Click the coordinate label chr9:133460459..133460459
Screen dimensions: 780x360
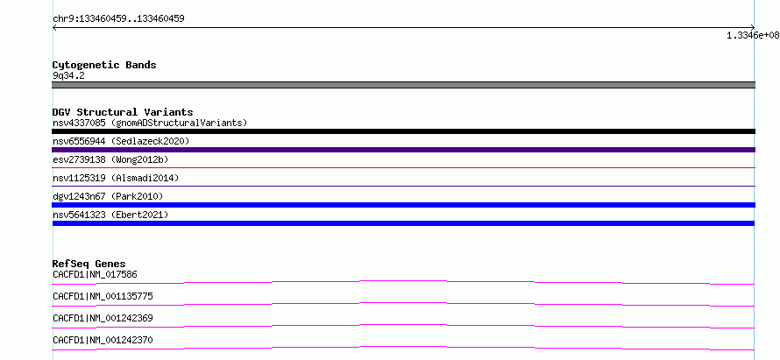tap(118, 19)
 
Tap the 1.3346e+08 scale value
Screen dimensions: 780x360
tap(753, 35)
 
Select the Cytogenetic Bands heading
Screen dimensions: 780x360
tap(104, 65)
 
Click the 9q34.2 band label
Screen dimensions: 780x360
tap(68, 75)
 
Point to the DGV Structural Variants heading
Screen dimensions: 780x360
tap(123, 112)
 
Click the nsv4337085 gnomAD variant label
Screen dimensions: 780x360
tap(150, 123)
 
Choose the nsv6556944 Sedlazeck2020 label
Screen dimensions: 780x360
tap(121, 141)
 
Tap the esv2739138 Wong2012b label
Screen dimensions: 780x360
tap(110, 159)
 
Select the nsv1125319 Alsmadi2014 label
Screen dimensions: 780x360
tap(116, 178)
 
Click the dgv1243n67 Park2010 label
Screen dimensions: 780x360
tap(108, 196)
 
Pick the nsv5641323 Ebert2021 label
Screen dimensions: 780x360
tap(110, 215)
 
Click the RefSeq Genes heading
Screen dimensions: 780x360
tap(89, 264)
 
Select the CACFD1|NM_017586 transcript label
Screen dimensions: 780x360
tap(95, 274)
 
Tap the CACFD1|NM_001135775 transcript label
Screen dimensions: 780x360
tap(103, 296)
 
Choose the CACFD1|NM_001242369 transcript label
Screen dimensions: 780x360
tap(103, 318)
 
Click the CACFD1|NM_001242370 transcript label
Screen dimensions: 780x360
tap(103, 340)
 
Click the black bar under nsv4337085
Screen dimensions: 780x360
tap(403, 131)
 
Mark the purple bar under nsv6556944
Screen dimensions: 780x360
tap(403, 150)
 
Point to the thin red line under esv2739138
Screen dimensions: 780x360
tap(403, 168)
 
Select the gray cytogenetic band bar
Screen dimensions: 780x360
tap(403, 85)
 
